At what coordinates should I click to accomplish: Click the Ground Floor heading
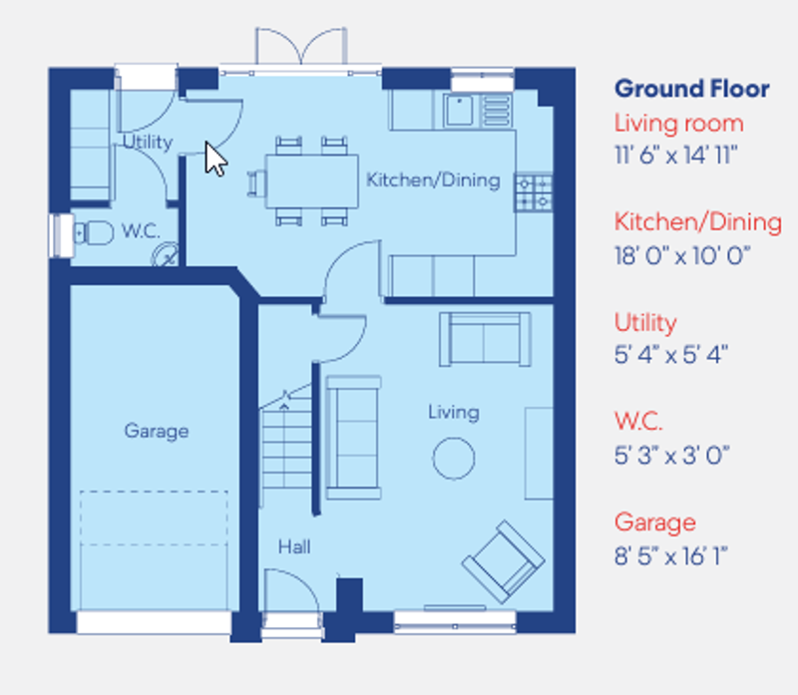pyautogui.click(x=691, y=89)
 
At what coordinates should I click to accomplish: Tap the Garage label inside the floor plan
pyautogui.click(x=156, y=431)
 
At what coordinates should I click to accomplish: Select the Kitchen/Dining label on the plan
pyautogui.click(x=433, y=180)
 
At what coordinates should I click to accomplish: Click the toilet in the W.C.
pyautogui.click(x=92, y=233)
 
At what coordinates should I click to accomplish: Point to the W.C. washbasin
pyautogui.click(x=165, y=256)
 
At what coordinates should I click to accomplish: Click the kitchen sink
pyautogui.click(x=460, y=109)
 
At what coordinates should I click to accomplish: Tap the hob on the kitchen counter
pyautogui.click(x=533, y=192)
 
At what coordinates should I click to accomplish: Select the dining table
pyautogui.click(x=311, y=180)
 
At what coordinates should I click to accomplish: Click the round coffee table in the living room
pyautogui.click(x=453, y=458)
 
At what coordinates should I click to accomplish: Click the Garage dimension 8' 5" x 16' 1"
pyautogui.click(x=670, y=554)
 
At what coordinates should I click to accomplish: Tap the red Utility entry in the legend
pyautogui.click(x=645, y=322)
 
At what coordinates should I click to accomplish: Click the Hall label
pyautogui.click(x=294, y=546)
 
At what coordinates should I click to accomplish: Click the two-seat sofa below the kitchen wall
pyautogui.click(x=485, y=339)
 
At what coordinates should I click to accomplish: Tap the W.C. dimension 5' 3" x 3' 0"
pyautogui.click(x=670, y=455)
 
